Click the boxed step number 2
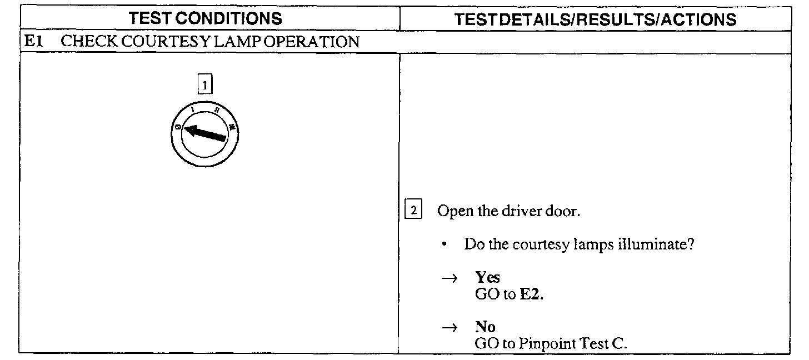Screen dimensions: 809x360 (x=413, y=211)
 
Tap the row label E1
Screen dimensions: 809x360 (x=31, y=42)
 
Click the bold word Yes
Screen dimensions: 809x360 (x=487, y=278)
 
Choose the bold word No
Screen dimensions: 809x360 (x=485, y=327)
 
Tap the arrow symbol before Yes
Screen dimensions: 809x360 (x=449, y=278)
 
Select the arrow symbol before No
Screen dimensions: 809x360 (x=449, y=328)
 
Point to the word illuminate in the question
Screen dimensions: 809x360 (x=655, y=245)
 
